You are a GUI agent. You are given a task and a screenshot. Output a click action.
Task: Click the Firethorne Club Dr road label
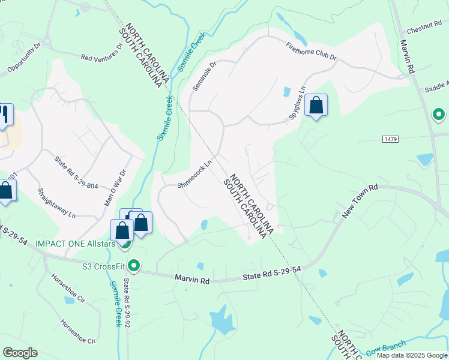pyautogui.click(x=311, y=52)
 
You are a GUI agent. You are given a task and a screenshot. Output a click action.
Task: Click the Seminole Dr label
pyautogui.click(x=203, y=76)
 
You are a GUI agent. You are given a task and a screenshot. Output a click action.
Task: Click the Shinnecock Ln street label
pyautogui.click(x=195, y=174)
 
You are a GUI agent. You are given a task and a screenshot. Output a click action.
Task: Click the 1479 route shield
pyautogui.click(x=390, y=139)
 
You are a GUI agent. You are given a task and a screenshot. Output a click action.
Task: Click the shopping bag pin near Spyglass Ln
pyautogui.click(x=316, y=106)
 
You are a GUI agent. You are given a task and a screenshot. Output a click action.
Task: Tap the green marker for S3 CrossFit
pyautogui.click(x=135, y=265)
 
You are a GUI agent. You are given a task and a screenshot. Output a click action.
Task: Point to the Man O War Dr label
pyautogui.click(x=116, y=190)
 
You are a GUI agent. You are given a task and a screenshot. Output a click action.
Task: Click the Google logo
pyautogui.click(x=20, y=353)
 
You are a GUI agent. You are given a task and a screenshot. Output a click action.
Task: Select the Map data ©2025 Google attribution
pyautogui.click(x=412, y=355)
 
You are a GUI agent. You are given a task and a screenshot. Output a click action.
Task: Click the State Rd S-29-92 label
pyautogui.click(x=127, y=302)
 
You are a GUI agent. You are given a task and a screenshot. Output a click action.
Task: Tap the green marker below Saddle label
pyautogui.click(x=439, y=113)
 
